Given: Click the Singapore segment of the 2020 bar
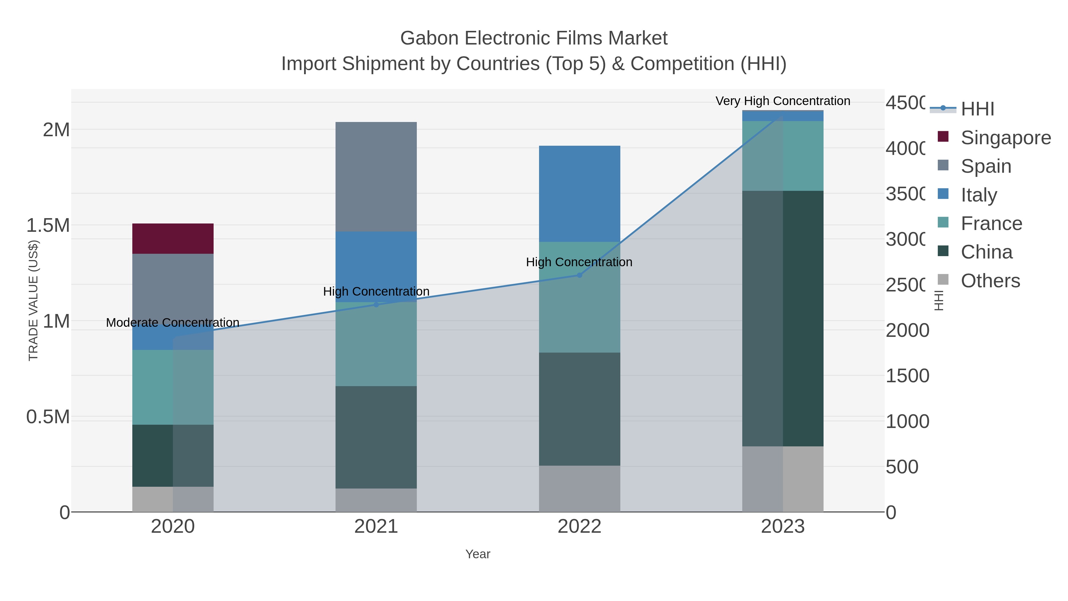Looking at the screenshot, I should (x=173, y=239).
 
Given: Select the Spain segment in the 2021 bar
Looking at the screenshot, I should (x=376, y=176).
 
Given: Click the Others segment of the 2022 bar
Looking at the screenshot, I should (x=579, y=488).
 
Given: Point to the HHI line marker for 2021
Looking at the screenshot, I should (x=376, y=305).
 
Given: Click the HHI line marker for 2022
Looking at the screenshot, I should (x=579, y=275).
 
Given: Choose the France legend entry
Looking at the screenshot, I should (x=991, y=223).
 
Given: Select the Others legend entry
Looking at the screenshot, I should (x=990, y=281).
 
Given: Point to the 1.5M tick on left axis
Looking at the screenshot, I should (x=48, y=225).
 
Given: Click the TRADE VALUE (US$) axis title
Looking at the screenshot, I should (x=33, y=300).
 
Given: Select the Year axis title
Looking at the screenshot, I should (x=478, y=554).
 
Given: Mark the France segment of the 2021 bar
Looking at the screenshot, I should (x=376, y=344).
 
